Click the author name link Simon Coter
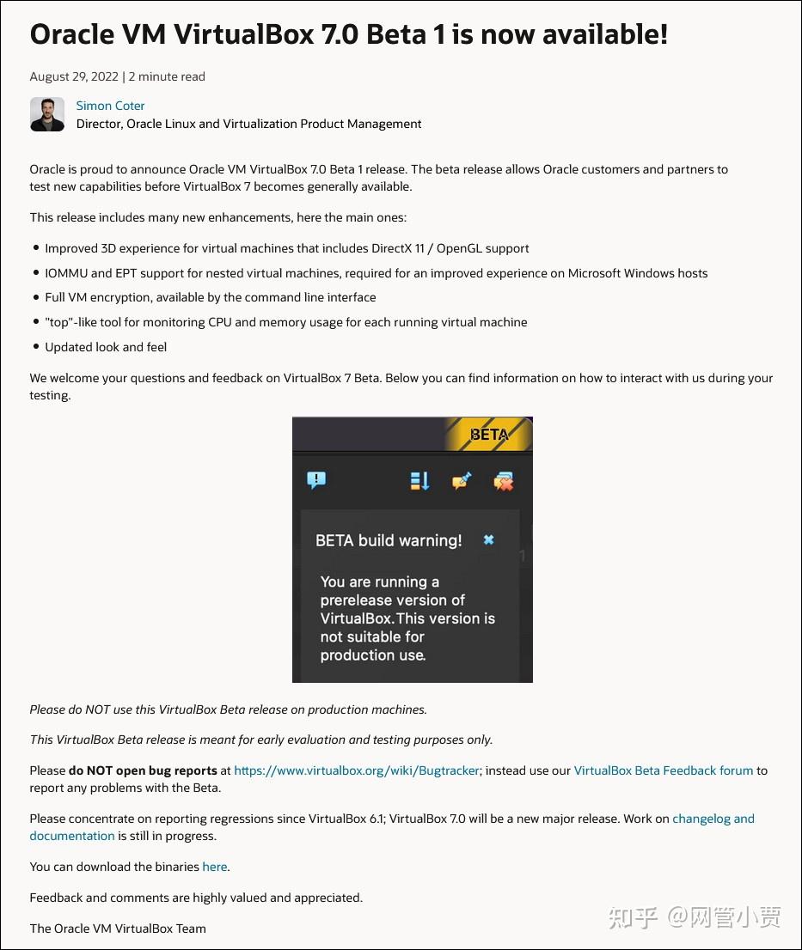coord(110,106)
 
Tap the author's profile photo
coord(47,114)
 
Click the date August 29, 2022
coord(74,76)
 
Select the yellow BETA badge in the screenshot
coord(488,434)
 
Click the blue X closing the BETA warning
coord(488,539)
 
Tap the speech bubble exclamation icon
coord(316,480)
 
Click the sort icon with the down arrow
coord(419,481)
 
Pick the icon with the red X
coord(503,482)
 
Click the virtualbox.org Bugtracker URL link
coord(357,770)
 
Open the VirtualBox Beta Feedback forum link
coord(663,770)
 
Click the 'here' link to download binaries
coord(214,867)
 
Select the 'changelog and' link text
coord(713,819)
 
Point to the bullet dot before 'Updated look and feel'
coord(36,347)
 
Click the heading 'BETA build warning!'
coord(389,540)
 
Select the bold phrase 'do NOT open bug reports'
coord(143,770)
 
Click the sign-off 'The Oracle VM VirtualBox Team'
coord(118,928)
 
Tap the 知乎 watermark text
coord(634,917)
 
